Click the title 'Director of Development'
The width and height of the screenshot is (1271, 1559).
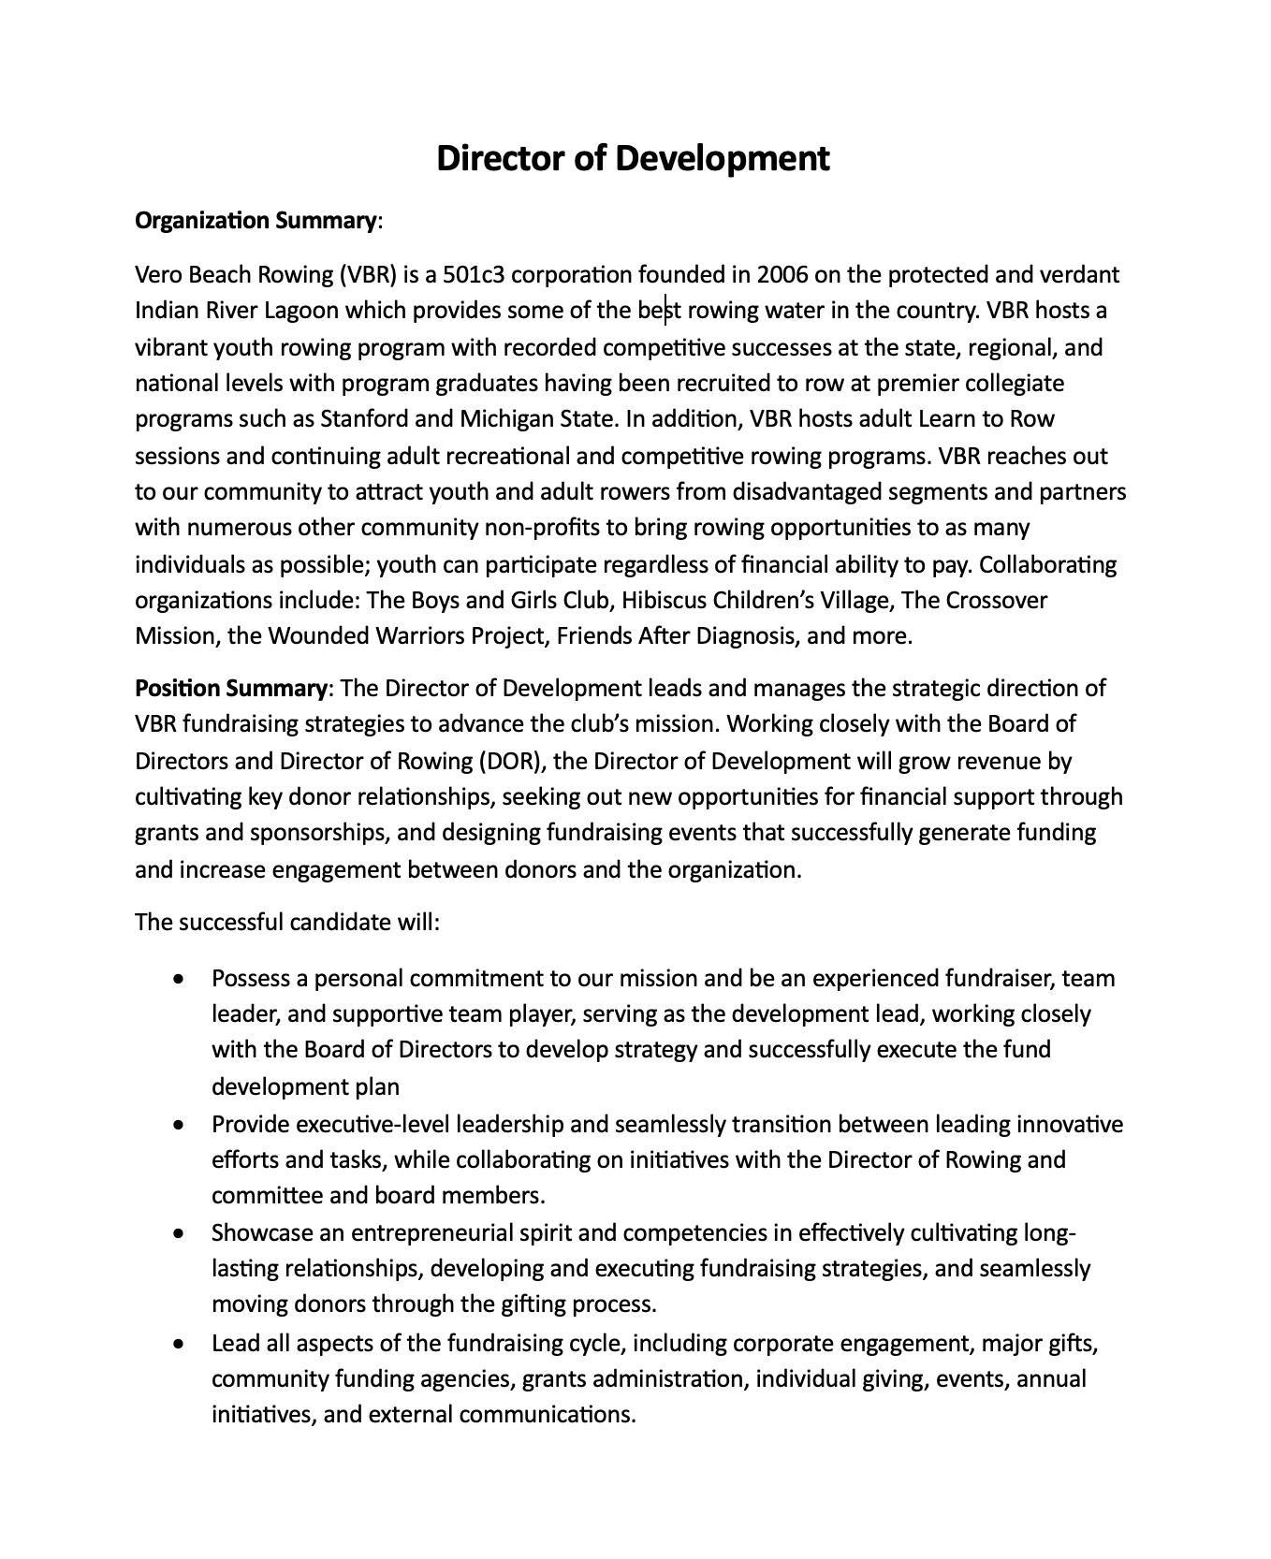[x=634, y=158]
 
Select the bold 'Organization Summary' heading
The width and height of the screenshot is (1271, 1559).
[x=256, y=222]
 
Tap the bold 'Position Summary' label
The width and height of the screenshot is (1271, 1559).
[x=230, y=689]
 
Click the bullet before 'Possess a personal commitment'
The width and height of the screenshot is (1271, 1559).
[x=179, y=980]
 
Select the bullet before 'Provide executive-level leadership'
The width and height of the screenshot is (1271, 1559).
[x=179, y=1125]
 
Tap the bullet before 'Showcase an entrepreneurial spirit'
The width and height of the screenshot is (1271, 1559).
[x=179, y=1233]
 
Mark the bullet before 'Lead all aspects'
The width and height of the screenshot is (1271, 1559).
[x=179, y=1345]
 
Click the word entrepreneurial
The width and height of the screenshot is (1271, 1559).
[x=443, y=1233]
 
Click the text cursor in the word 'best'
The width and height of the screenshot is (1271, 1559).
[x=665, y=311]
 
